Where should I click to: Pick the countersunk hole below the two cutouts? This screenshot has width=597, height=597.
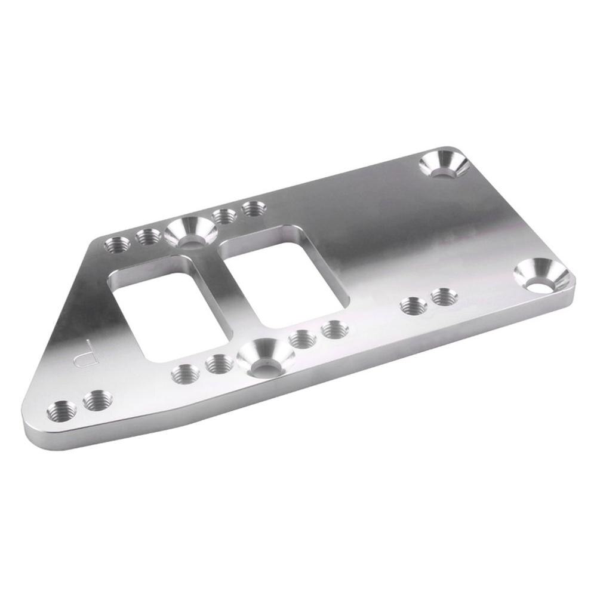[265, 358]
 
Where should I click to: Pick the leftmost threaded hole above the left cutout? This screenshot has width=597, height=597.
[116, 245]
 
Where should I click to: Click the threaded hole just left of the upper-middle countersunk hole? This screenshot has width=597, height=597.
[147, 237]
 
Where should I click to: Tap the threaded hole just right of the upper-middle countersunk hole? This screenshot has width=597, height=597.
[224, 216]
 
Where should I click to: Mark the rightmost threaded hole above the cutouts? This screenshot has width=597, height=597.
[254, 208]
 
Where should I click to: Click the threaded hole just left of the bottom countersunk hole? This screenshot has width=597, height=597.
[219, 362]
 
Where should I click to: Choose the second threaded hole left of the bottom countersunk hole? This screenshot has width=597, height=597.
[184, 374]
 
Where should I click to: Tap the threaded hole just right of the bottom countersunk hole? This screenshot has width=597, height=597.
[302, 340]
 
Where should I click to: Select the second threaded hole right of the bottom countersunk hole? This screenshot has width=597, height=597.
[333, 329]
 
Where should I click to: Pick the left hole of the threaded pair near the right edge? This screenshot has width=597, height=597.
[413, 306]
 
